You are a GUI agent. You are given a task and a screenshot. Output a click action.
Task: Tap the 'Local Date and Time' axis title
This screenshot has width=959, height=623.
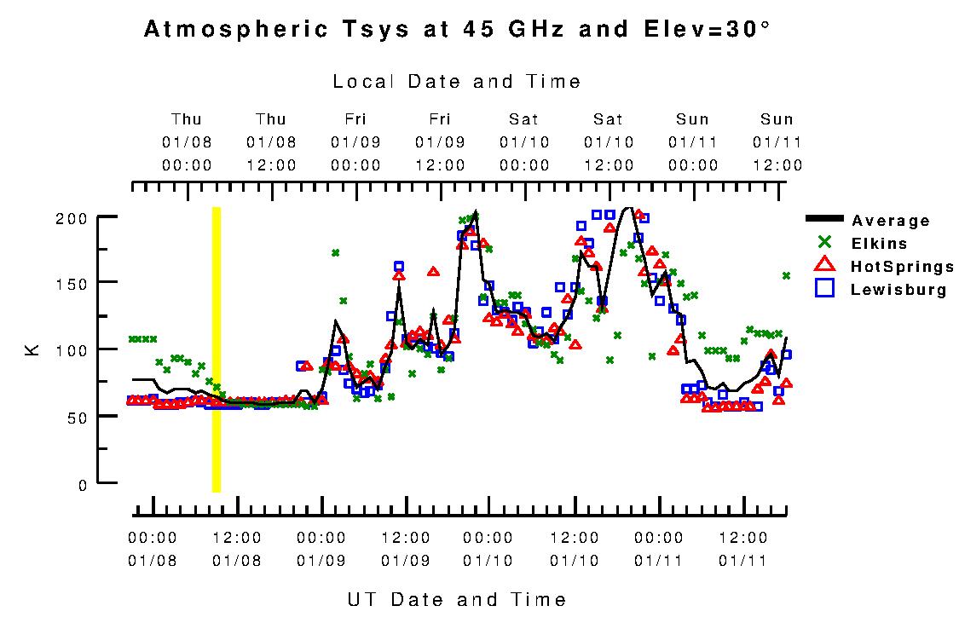pyautogui.click(x=457, y=82)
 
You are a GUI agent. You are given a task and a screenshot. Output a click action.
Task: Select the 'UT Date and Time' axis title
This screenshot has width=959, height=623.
pyautogui.click(x=457, y=599)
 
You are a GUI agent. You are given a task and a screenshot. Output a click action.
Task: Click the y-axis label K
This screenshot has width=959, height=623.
pyautogui.click(x=33, y=349)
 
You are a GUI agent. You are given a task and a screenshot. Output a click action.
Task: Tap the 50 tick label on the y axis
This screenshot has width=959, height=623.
pyautogui.click(x=77, y=417)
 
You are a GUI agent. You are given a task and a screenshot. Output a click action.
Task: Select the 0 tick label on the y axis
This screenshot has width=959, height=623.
pyautogui.click(x=82, y=485)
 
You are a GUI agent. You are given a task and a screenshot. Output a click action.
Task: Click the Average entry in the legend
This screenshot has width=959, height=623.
pyautogui.click(x=891, y=221)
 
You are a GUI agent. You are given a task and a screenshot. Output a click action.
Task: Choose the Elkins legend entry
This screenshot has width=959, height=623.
pyautogui.click(x=879, y=244)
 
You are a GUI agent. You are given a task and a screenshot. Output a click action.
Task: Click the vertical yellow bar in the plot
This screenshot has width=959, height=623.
pyautogui.click(x=217, y=349)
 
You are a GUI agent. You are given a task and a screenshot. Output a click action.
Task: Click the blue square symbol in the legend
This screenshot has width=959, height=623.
pyautogui.click(x=824, y=289)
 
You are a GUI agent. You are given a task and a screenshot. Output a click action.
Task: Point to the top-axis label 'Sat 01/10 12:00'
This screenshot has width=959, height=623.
pyautogui.click(x=609, y=141)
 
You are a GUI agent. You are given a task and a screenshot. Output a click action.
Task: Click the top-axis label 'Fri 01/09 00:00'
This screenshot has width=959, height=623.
pyautogui.click(x=355, y=141)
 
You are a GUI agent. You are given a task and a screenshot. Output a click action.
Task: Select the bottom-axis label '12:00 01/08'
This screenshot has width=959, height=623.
pyautogui.click(x=237, y=549)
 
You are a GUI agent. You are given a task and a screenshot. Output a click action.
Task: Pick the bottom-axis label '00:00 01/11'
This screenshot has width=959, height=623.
pyautogui.click(x=659, y=549)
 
